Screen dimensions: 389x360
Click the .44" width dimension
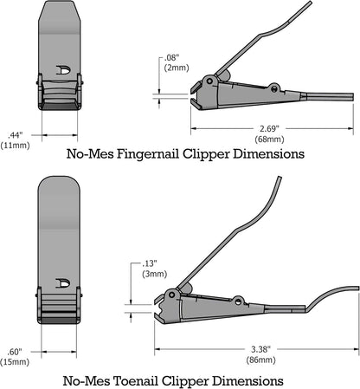pyautogui.click(x=15, y=134)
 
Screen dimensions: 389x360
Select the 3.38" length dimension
pyautogui.click(x=257, y=347)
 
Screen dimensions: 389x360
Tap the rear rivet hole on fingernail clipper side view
pyautogui.click(x=274, y=88)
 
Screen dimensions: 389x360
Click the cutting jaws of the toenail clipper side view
pyautogui.click(x=160, y=307)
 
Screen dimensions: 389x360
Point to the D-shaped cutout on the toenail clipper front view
pyautogui.click(x=63, y=282)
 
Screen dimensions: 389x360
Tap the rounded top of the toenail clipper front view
pyautogui.click(x=61, y=185)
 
